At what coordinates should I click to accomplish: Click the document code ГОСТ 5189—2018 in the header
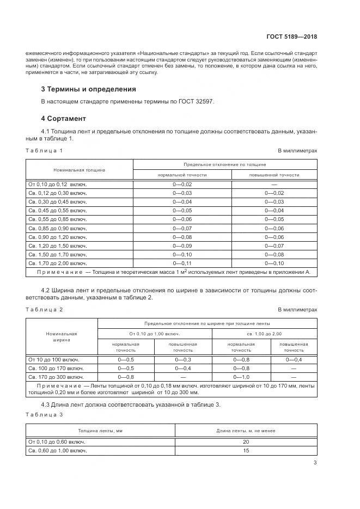[x=291, y=37]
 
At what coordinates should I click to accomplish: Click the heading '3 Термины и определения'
[x=88, y=89]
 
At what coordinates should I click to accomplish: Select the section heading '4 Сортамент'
[x=64, y=118]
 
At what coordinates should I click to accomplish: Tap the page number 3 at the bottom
[x=315, y=463]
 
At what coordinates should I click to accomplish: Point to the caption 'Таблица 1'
[x=44, y=150]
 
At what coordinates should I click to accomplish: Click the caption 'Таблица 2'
[x=44, y=309]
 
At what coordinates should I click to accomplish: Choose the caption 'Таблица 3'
[x=44, y=415]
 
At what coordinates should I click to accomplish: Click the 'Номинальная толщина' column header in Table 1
[x=79, y=170]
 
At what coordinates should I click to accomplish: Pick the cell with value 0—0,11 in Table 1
[x=182, y=262]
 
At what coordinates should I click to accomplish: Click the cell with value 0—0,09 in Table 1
[x=182, y=246]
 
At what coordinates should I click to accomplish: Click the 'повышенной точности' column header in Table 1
[x=274, y=175]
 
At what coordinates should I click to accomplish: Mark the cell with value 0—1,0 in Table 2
[x=241, y=377]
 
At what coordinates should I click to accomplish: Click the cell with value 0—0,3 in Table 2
[x=183, y=359]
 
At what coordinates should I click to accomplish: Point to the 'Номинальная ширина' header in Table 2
[x=61, y=336]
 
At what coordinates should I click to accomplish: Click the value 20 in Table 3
[x=246, y=442]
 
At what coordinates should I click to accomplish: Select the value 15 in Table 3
[x=246, y=451]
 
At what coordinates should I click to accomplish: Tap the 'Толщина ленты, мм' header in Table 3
[x=100, y=431]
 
